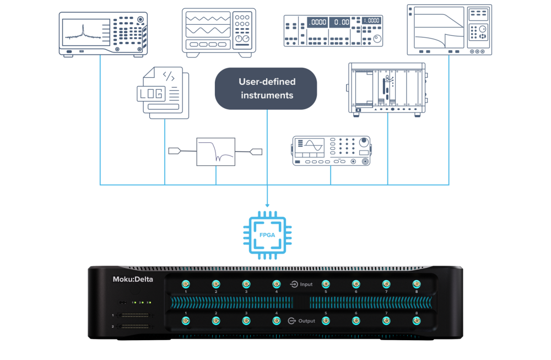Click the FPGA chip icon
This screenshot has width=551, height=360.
pyautogui.click(x=267, y=234)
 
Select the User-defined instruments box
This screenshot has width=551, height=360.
pyautogui.click(x=266, y=88)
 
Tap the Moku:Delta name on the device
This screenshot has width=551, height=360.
pyautogui.click(x=129, y=280)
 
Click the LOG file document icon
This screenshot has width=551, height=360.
pyautogui.click(x=162, y=93)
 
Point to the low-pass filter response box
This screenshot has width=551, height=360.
pyautogui.click(x=216, y=152)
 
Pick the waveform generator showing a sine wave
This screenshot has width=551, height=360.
pyautogui.click(x=331, y=150)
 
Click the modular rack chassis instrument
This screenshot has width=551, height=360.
pyautogui.click(x=387, y=88)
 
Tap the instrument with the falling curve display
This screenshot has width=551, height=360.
pyautogui.click(x=449, y=30)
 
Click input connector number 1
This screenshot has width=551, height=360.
pyautogui.click(x=186, y=284)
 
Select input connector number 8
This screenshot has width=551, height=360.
pyautogui.click(x=416, y=284)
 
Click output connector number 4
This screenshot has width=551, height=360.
pyautogui.click(x=277, y=320)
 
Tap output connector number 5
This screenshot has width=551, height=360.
pyautogui.click(x=326, y=320)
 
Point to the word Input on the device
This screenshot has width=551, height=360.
pyautogui.click(x=306, y=284)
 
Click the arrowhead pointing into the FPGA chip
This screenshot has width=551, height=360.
pyautogui.click(x=267, y=205)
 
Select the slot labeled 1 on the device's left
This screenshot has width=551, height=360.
pyautogui.click(x=133, y=315)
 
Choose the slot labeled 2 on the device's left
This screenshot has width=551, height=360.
pyautogui.click(x=133, y=326)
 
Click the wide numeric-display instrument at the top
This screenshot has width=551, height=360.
pyautogui.click(x=333, y=31)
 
